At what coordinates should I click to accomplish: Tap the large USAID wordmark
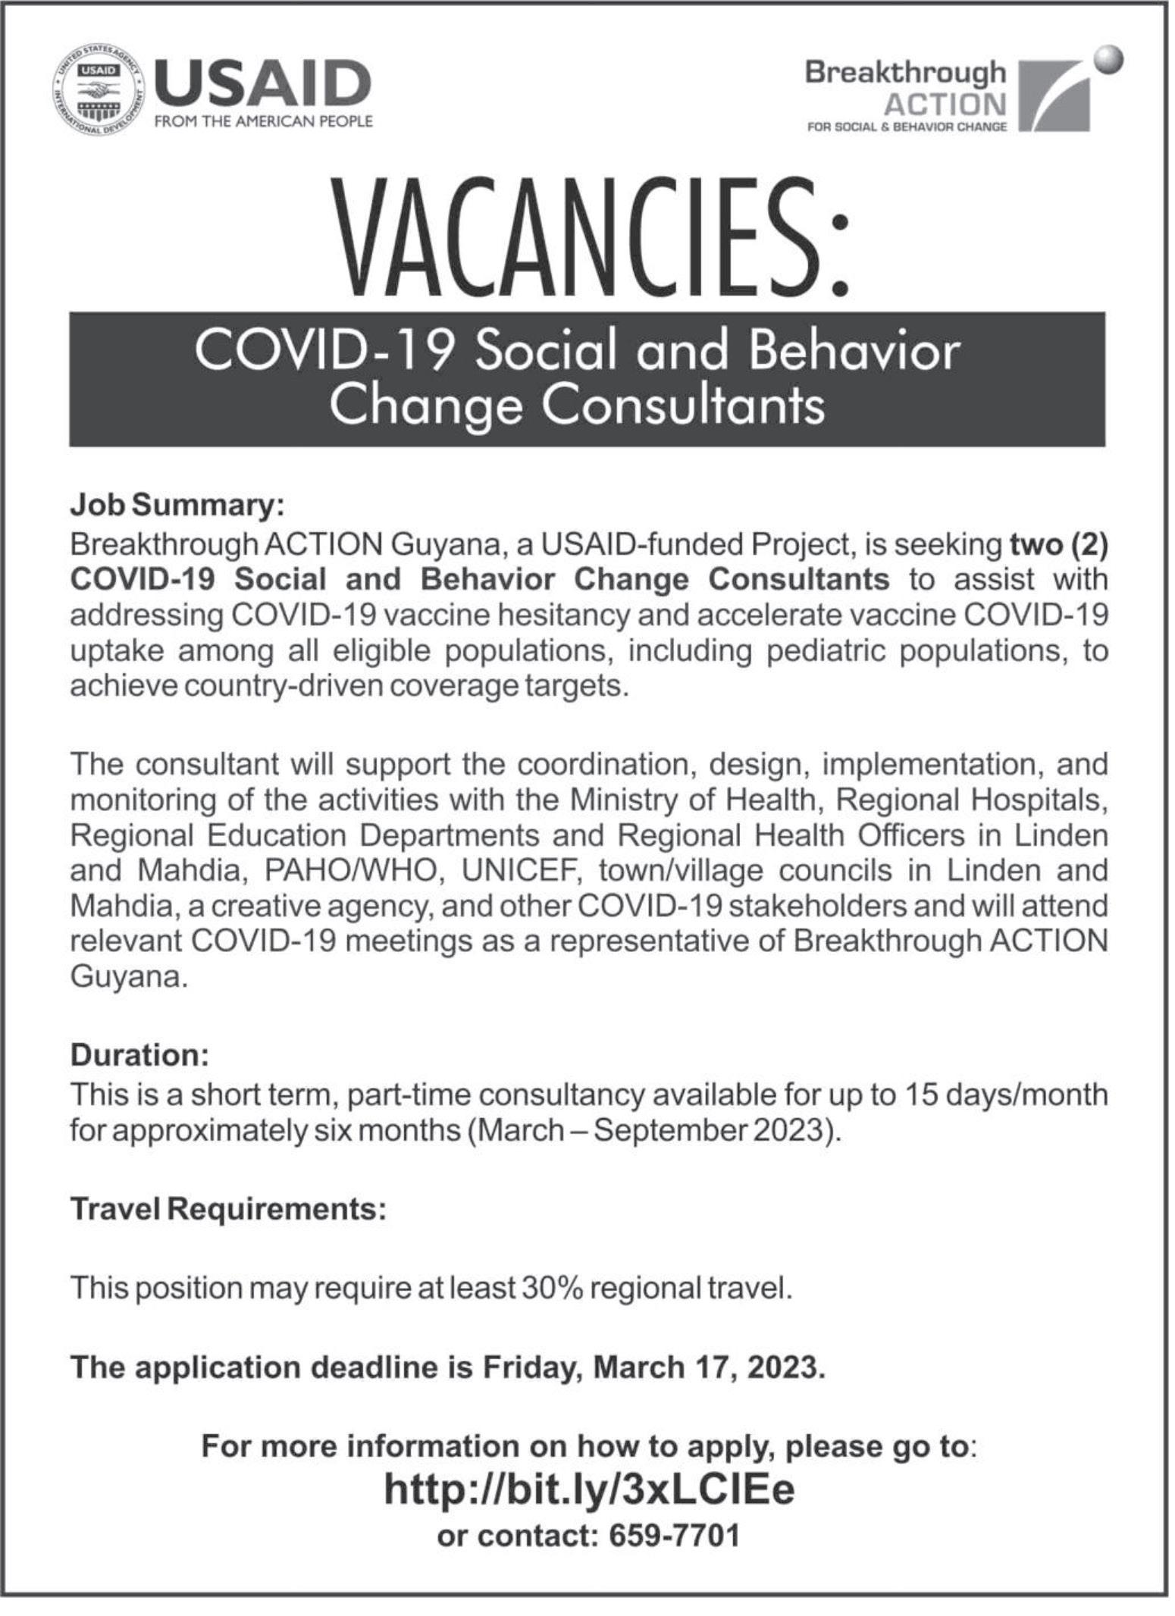(262, 83)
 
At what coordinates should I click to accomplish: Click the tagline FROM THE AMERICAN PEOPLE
(263, 121)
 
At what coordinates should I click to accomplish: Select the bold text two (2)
(1058, 544)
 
